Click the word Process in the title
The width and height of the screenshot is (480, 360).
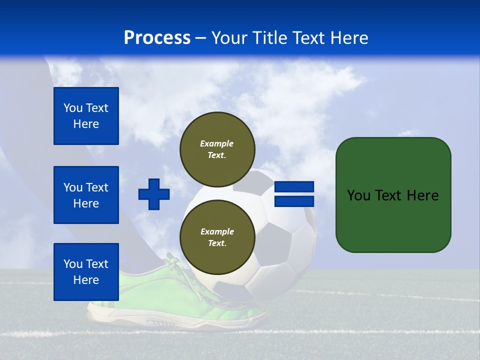[x=157, y=38]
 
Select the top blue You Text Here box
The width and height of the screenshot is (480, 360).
[x=86, y=116]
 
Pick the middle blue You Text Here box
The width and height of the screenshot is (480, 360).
[x=86, y=195]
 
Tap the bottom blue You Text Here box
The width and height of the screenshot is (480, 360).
[x=86, y=272]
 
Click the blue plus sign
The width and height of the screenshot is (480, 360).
[x=154, y=194]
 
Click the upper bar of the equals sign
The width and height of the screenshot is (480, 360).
[x=294, y=186]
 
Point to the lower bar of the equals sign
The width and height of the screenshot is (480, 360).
[x=294, y=201]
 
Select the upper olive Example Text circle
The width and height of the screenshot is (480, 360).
[x=217, y=149]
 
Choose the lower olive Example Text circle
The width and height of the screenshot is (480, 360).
[x=217, y=237]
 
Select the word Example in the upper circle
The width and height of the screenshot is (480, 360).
[x=217, y=143]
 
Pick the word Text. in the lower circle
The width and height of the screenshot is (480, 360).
[x=217, y=243]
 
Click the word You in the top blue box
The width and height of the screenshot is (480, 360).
[x=73, y=108]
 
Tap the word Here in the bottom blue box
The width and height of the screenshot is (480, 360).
[x=86, y=280]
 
